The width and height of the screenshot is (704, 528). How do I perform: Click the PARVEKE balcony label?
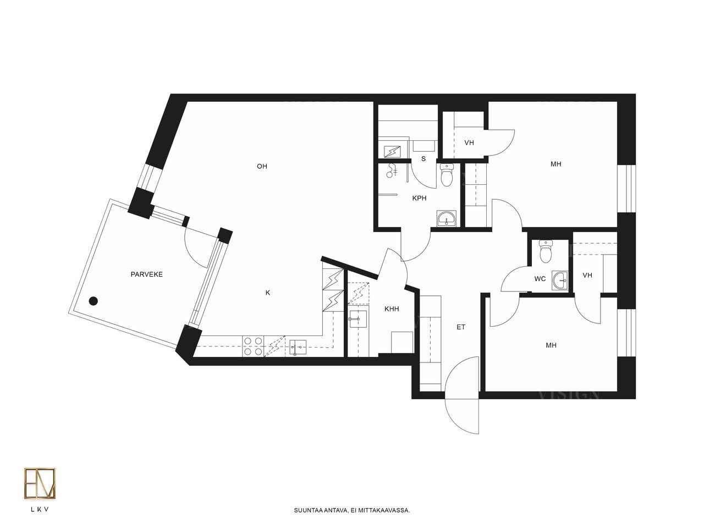[146, 274]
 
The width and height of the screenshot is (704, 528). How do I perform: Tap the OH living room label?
[262, 167]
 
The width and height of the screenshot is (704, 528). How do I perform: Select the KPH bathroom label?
[419, 198]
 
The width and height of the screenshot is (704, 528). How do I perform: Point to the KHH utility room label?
[392, 309]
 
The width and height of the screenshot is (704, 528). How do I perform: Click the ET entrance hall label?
[461, 327]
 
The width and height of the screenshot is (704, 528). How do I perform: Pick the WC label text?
[540, 279]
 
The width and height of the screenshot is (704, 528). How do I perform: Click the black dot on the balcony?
[94, 301]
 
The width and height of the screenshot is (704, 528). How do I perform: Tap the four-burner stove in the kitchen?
[253, 346]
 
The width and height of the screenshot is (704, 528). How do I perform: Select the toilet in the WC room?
[546, 251]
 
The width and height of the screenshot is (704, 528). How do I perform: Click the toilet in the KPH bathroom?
[447, 175]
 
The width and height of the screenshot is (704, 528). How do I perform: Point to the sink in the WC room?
[560, 281]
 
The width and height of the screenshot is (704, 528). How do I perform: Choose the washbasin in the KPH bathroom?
[446, 219]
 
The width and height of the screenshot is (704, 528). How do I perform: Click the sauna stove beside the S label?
[392, 152]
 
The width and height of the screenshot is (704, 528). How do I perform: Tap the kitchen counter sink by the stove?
[298, 348]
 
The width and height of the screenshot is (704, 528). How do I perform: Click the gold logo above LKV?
[40, 483]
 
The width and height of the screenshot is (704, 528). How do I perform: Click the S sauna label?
[424, 159]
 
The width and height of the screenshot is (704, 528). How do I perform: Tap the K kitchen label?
[268, 293]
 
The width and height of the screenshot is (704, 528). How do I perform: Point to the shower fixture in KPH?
[391, 170]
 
